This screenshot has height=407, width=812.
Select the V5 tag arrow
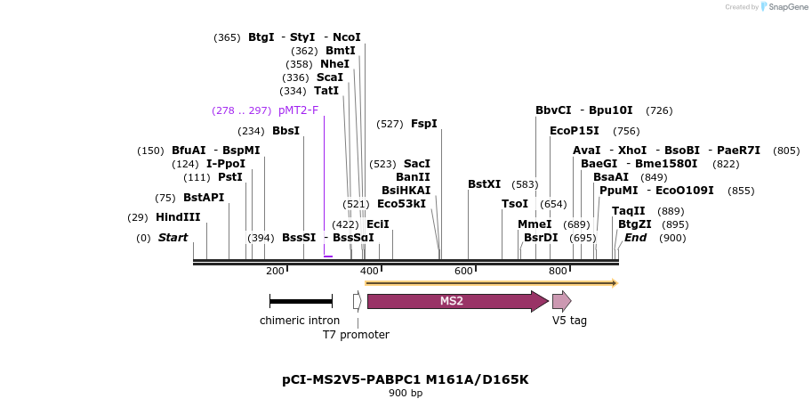(561, 301)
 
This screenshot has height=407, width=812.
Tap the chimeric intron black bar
(301, 302)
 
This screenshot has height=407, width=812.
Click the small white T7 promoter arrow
(357, 301)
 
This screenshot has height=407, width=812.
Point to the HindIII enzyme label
(178, 217)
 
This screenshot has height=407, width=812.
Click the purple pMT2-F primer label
(298, 110)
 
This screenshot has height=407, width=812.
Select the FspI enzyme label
(424, 124)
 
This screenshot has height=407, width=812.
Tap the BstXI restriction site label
(485, 184)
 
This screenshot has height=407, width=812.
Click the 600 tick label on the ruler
(463, 271)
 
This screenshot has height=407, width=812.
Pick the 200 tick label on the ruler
(275, 271)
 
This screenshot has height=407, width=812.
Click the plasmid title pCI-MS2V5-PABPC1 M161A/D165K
(406, 379)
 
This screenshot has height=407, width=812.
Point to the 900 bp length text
(406, 393)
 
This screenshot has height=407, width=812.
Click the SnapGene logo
(780, 7)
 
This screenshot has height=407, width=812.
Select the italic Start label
(173, 238)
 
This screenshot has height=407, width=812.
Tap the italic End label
(635, 238)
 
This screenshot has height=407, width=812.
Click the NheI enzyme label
(335, 64)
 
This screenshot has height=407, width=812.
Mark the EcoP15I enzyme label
(575, 131)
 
